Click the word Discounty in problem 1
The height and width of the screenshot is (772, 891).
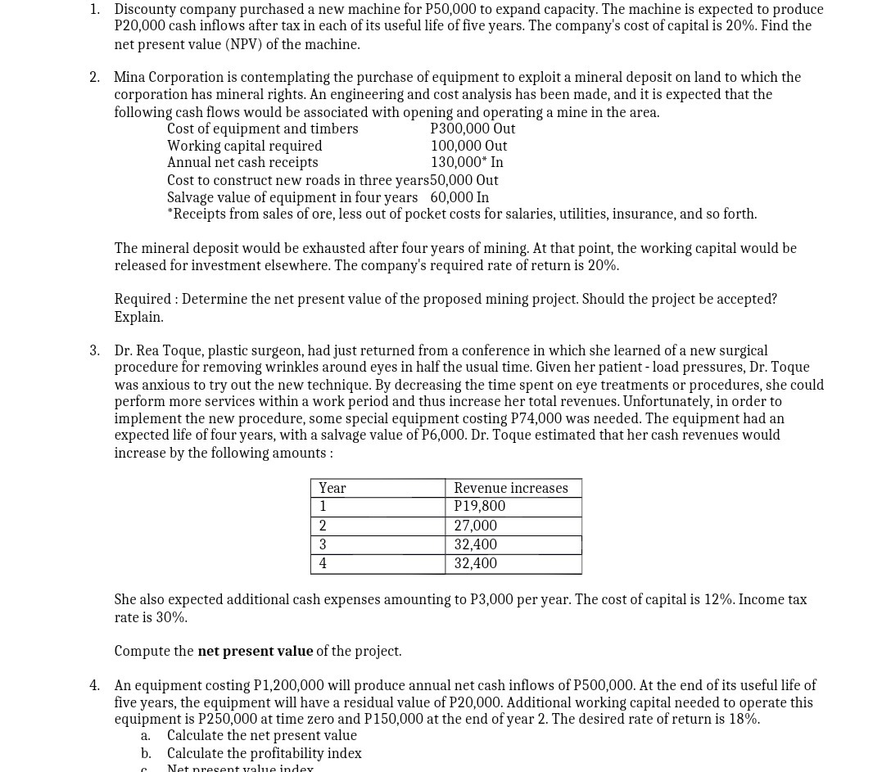pyautogui.click(x=144, y=9)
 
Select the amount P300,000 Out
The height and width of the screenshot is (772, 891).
pyautogui.click(x=473, y=129)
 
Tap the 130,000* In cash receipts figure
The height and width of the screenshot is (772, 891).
pyautogui.click(x=467, y=162)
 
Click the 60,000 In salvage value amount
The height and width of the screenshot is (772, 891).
pyautogui.click(x=459, y=197)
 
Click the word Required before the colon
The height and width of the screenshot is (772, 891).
pyautogui.click(x=142, y=299)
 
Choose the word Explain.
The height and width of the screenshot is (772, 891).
pyautogui.click(x=138, y=317)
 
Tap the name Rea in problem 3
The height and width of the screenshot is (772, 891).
pyautogui.click(x=148, y=350)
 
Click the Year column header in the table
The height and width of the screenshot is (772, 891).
pyautogui.click(x=332, y=488)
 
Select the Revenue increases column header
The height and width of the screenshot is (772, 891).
pyautogui.click(x=510, y=488)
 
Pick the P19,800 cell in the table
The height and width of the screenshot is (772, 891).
pyautogui.click(x=479, y=506)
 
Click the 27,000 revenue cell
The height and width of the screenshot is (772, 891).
pyautogui.click(x=475, y=526)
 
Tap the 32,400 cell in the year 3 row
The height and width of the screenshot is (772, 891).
pyautogui.click(x=475, y=544)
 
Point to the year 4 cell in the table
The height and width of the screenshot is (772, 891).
pyautogui.click(x=323, y=563)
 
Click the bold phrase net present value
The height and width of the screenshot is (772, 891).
pyautogui.click(x=255, y=651)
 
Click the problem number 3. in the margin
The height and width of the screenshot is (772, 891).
pyautogui.click(x=95, y=350)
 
